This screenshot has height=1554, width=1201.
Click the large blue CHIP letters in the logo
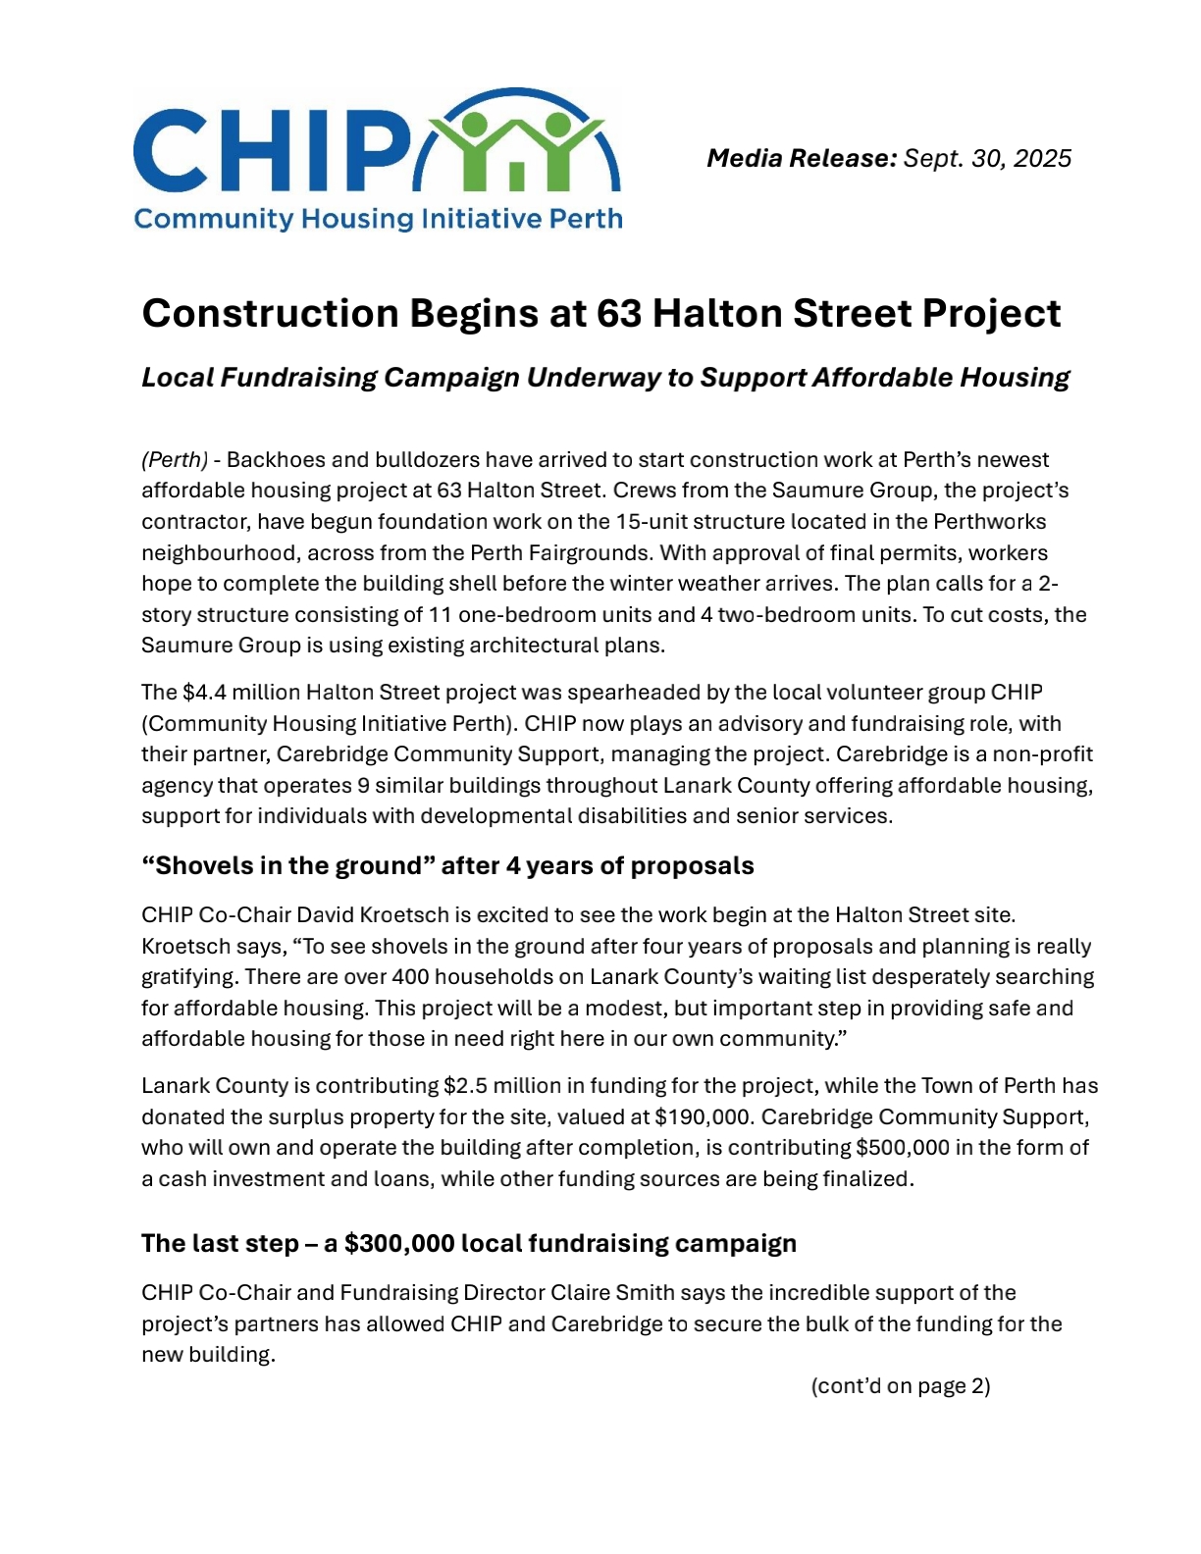[x=270, y=150]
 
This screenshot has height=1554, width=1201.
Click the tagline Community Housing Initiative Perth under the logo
[x=378, y=218]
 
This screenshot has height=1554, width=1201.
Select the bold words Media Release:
[x=802, y=158]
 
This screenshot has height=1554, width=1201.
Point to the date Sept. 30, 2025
[x=987, y=158]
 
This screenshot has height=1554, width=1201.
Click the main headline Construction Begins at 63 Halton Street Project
[x=600, y=313]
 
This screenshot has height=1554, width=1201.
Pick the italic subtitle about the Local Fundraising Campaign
[x=604, y=378]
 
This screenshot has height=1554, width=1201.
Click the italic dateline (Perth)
[x=175, y=460]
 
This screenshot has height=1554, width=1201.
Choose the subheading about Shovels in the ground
[x=447, y=865]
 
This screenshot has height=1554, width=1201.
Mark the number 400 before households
[x=410, y=977]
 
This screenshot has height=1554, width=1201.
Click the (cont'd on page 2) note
[x=900, y=1386]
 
